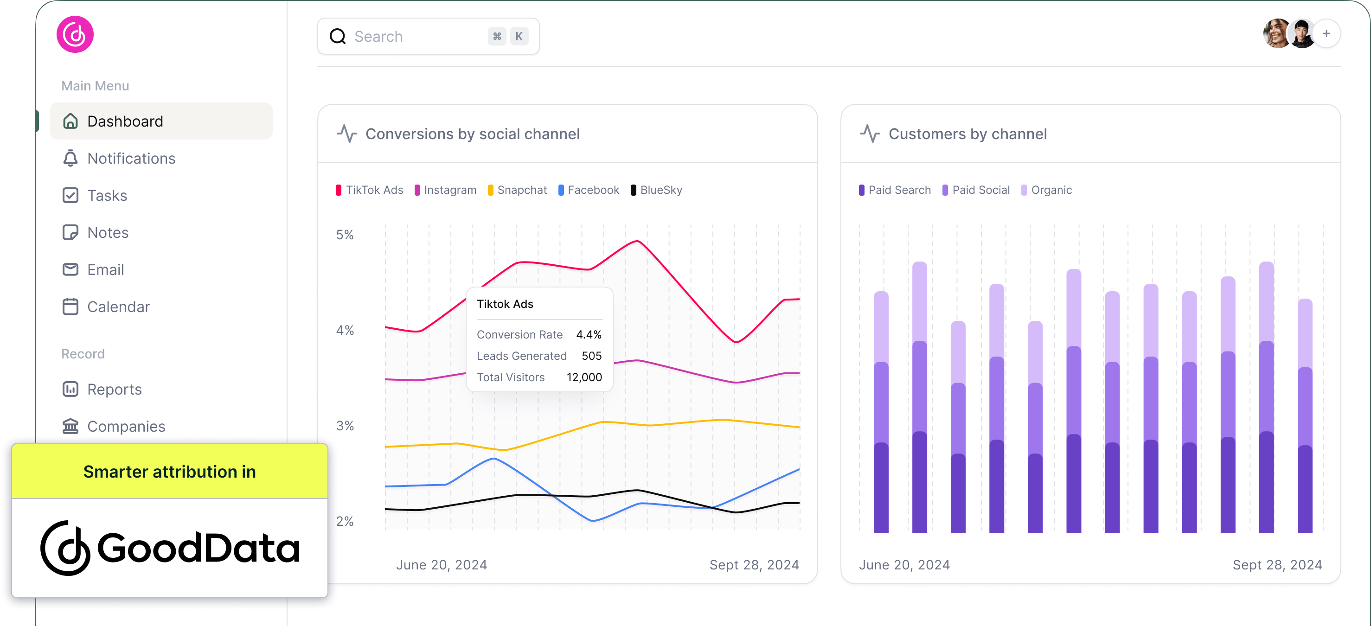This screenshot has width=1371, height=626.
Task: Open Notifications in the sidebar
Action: pos(131,159)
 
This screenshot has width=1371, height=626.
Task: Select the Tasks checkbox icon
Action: pos(70,196)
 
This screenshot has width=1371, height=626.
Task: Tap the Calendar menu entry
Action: pos(118,307)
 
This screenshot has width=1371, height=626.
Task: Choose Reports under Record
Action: pos(114,390)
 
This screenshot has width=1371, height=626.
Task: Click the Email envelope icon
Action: pos(70,270)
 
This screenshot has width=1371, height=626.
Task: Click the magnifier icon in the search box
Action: pos(338,37)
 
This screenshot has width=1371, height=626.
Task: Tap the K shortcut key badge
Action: pos(519,37)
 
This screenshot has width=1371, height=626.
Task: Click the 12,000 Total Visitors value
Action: pos(584,377)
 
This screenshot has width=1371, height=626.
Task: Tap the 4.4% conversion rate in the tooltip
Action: pos(589,335)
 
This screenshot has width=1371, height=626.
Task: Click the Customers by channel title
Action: pos(967,134)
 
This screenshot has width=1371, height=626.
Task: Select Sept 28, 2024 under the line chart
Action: pos(754,565)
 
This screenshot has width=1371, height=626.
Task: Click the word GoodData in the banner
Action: pos(198,548)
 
